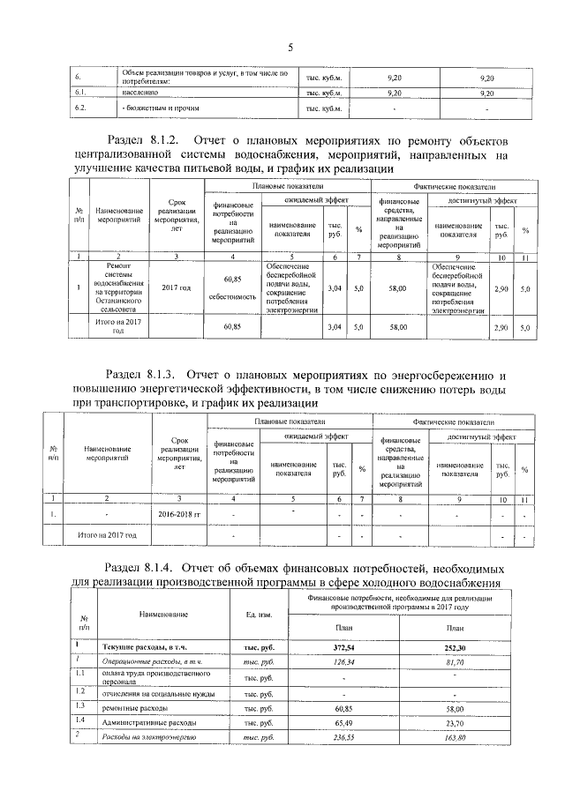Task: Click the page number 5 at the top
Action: (289, 47)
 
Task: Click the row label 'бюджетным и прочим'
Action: (156, 108)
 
